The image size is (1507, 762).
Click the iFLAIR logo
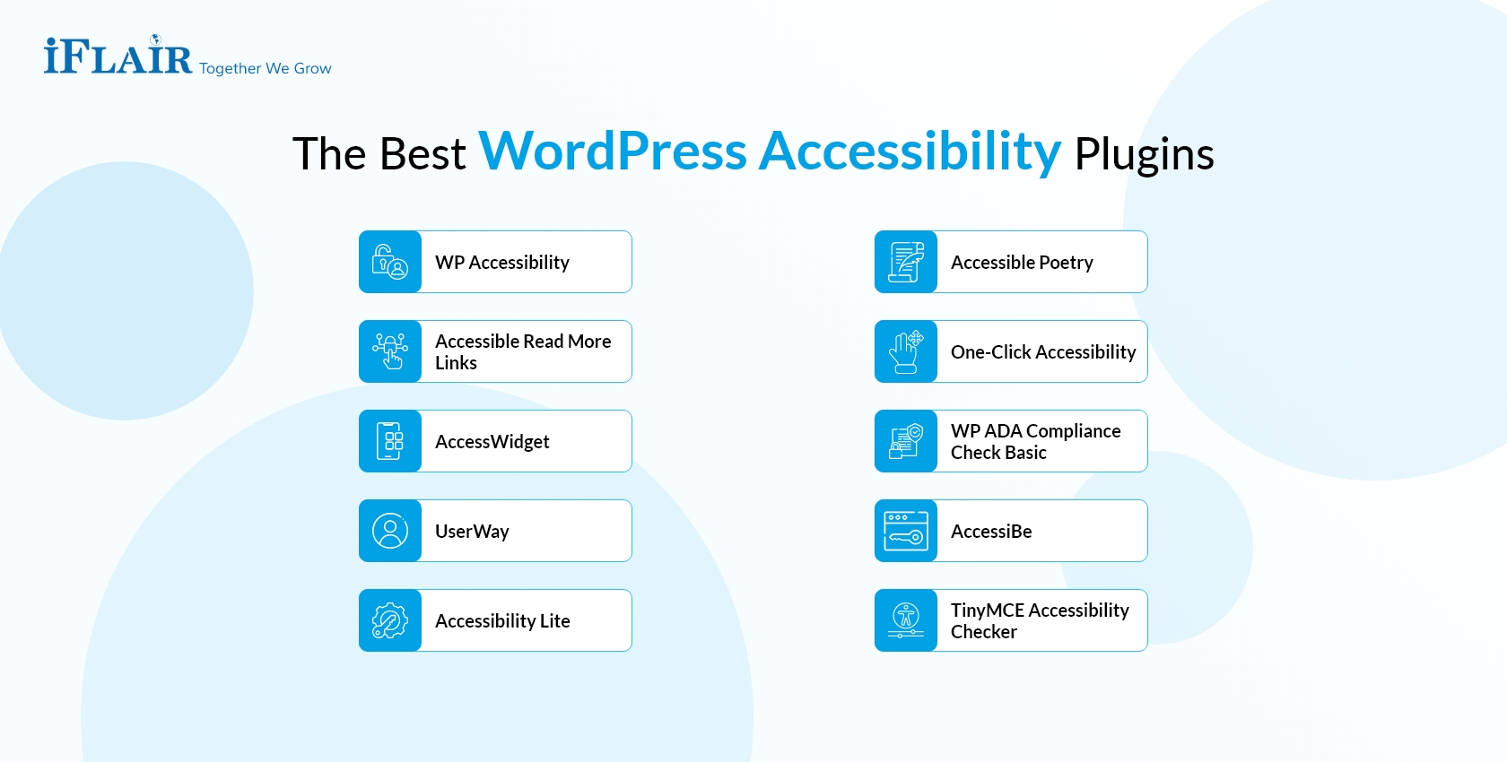[118, 57]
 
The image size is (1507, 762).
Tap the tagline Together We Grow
[266, 69]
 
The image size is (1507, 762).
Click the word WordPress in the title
[613, 151]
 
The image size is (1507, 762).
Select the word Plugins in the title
[1144, 154]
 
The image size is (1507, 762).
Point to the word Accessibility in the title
[910, 151]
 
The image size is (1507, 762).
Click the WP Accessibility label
[502, 263]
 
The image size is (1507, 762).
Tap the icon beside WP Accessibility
[390, 262]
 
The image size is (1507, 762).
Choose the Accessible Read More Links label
[523, 352]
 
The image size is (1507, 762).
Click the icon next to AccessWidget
[390, 441]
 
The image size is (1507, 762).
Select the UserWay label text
[472, 532]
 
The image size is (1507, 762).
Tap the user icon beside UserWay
[390, 531]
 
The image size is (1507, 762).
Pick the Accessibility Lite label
[502, 621]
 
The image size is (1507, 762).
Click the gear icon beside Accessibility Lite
[390, 620]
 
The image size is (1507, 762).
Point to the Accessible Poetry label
[1022, 263]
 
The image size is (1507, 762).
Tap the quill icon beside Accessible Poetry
[906, 262]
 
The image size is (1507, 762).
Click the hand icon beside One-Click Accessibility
[906, 351]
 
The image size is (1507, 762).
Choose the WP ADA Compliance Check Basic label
[1035, 442]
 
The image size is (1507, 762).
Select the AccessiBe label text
[991, 532]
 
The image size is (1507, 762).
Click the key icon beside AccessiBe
[906, 531]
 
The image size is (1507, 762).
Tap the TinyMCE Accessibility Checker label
[1040, 621]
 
